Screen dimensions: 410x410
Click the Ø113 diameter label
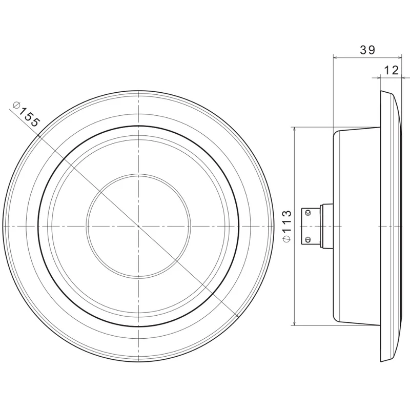tap(287, 226)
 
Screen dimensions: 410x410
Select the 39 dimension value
tap(367, 50)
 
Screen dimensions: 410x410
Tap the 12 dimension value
tap(392, 70)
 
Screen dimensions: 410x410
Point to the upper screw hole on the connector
tap(309, 212)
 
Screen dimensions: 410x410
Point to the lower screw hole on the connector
tap(309, 239)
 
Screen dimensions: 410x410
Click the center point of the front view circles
tap(138, 226)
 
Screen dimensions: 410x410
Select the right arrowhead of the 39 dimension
tap(399, 57)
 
